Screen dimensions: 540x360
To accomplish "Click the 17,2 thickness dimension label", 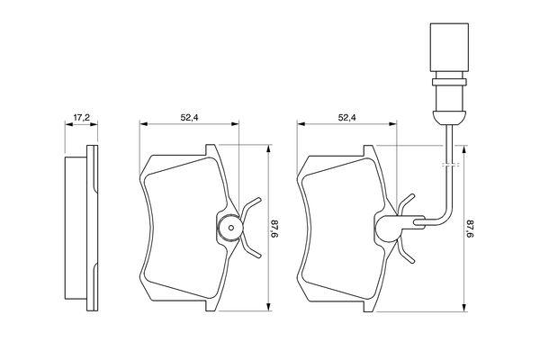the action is point(82,118).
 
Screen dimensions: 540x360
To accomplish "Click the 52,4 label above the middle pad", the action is point(189,118).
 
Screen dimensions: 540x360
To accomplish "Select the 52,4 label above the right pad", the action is point(347,118).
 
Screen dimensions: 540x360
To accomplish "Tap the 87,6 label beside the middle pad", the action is point(274,229).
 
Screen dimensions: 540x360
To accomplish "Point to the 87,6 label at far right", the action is point(471,229).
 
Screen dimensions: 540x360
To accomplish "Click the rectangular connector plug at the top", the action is point(449,47).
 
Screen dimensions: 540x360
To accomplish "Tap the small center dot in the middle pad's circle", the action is point(231,228).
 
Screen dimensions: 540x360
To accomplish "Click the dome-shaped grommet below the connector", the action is point(449,117).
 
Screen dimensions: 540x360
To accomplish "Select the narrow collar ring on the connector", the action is point(449,82).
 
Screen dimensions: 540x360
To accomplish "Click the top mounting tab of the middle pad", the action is point(211,150).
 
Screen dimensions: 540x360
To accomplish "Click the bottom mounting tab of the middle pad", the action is point(211,305).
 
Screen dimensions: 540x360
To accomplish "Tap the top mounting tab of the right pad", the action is point(369,150).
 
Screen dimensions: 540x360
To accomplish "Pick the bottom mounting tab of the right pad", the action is point(369,306).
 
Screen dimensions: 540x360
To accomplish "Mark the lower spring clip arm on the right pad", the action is point(407,250).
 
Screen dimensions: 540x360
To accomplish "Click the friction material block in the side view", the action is point(76,228).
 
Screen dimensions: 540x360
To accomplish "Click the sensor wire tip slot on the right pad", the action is point(419,222).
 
